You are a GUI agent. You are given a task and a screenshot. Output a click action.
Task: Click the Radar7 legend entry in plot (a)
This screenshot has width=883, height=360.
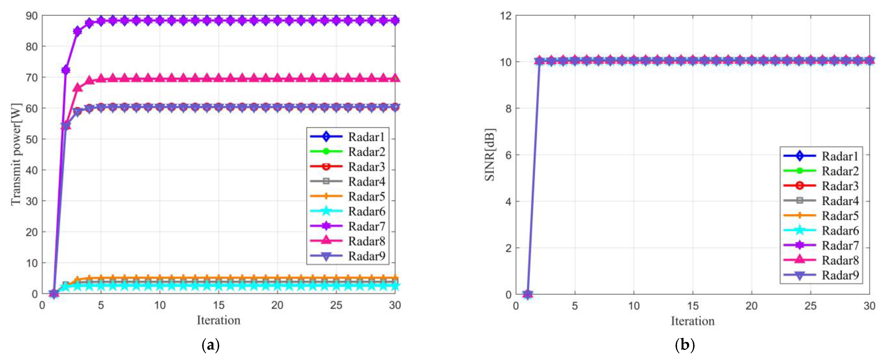(x=366, y=226)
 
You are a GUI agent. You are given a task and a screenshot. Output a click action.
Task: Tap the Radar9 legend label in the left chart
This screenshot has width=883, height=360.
(x=366, y=256)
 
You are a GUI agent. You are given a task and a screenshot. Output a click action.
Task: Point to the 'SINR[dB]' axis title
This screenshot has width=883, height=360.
(x=489, y=155)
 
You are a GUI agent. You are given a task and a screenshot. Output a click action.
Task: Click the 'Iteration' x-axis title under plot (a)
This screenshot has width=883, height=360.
(x=218, y=320)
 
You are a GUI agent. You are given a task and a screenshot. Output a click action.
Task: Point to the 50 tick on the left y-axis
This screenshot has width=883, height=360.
(x=32, y=139)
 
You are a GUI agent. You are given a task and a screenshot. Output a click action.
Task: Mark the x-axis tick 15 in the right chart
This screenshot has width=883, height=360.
(x=692, y=305)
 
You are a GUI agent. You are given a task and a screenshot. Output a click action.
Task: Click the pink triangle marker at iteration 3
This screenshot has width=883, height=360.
(x=77, y=88)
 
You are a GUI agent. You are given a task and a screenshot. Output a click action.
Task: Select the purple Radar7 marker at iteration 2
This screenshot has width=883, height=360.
(x=65, y=70)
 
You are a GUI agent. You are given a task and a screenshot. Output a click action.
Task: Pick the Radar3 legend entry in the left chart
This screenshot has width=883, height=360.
(x=366, y=167)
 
